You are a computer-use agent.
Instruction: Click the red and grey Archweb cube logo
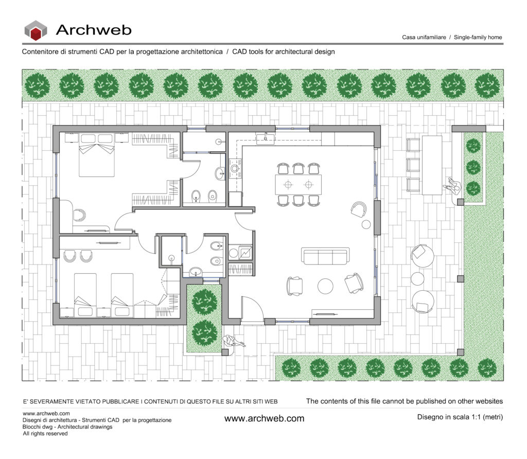(36, 30)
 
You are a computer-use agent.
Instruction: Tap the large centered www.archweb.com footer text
(264, 418)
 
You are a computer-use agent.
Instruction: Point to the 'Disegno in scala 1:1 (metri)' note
(460, 417)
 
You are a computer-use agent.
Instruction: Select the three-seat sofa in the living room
(326, 256)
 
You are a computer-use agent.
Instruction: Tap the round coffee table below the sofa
(325, 286)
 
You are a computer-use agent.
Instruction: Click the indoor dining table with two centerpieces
(298, 184)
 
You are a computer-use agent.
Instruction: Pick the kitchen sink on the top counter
(266, 138)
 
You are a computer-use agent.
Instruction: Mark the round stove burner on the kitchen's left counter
(236, 168)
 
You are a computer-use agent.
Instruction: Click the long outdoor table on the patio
(431, 165)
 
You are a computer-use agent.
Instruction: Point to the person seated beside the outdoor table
(453, 186)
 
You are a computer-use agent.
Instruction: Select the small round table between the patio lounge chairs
(417, 278)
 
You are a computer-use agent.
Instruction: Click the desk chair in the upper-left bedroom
(79, 215)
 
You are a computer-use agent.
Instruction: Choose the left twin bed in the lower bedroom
(85, 294)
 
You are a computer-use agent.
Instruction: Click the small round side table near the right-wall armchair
(366, 224)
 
